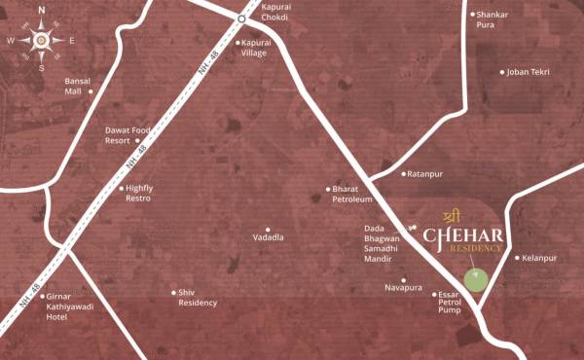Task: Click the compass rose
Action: coord(41,40)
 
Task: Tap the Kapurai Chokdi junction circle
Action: coord(241,18)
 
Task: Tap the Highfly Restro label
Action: coord(140,193)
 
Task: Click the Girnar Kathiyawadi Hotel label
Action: coord(69,306)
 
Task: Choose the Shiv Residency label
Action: coord(198,298)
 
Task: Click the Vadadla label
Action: coord(268,237)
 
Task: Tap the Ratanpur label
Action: coord(424,174)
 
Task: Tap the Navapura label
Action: coord(403,289)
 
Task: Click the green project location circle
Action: coord(475,281)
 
